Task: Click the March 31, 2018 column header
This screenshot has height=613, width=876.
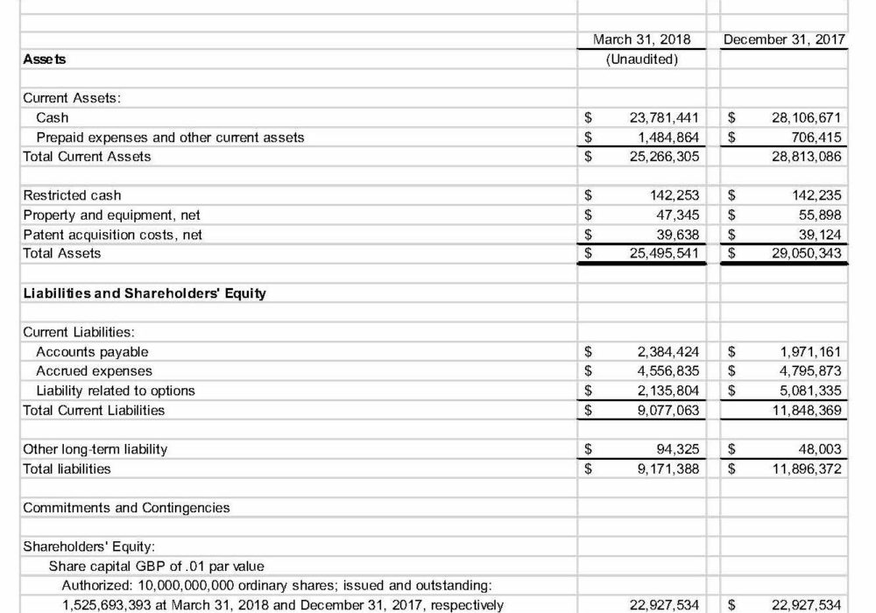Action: click(641, 39)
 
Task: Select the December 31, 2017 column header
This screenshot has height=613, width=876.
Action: click(786, 39)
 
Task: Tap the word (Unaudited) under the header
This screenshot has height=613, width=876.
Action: click(641, 60)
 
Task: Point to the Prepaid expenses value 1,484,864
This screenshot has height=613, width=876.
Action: click(668, 137)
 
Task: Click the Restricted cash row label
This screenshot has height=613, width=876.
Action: click(72, 195)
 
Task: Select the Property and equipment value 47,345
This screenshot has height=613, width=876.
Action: click(676, 215)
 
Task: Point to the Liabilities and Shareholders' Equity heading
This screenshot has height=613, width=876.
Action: click(145, 293)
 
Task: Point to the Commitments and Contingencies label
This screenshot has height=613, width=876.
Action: click(126, 508)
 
